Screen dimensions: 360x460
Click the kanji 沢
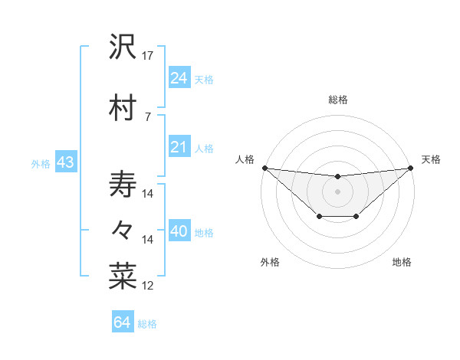123,47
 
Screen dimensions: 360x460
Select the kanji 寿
123,184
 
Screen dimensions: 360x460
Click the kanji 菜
123,277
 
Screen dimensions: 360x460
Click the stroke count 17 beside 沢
148,56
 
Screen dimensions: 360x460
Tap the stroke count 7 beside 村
147,116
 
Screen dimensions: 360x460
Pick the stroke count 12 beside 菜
148,286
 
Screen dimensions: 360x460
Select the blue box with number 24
179,78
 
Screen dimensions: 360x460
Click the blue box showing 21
179,147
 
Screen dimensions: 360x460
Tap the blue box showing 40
179,232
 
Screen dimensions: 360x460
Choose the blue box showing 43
65,163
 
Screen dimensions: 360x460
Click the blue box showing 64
122,322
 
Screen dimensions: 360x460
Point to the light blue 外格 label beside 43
40,164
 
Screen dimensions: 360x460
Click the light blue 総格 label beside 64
147,324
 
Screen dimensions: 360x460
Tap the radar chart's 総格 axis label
337,100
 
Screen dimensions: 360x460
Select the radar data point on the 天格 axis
410,168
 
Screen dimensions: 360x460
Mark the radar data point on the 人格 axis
264,168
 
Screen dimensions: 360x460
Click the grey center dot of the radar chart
337,191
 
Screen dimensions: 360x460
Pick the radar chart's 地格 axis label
402,263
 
